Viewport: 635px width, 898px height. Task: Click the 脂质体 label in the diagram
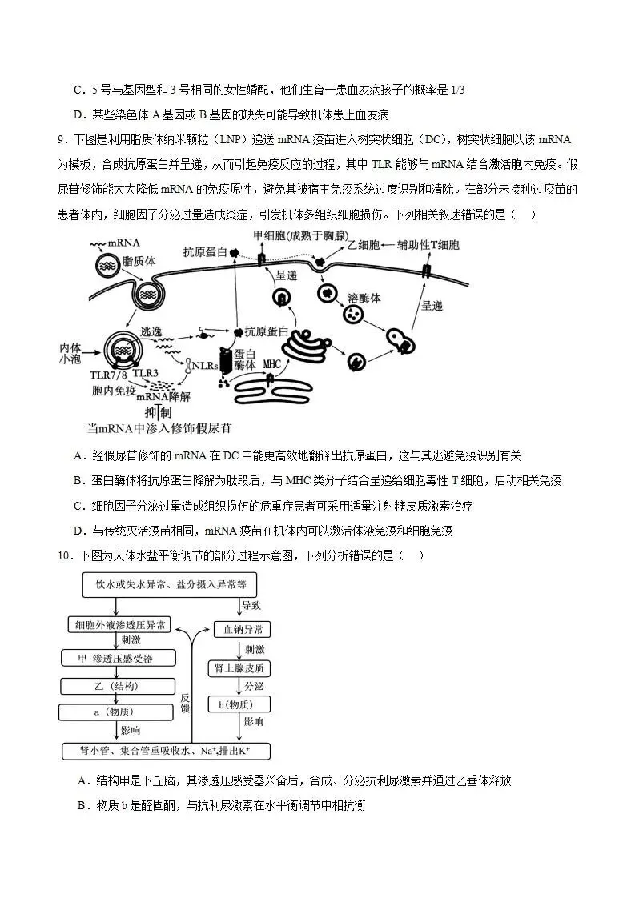tap(139, 261)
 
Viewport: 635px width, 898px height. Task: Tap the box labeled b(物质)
tap(241, 704)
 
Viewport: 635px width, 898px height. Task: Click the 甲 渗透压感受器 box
tap(119, 658)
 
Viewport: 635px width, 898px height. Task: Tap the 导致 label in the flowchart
tap(251, 605)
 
